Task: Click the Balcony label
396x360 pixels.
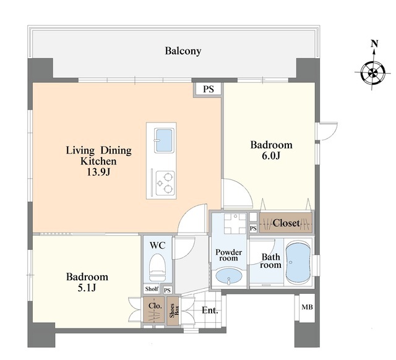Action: (183, 51)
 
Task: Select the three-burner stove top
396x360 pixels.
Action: (165, 183)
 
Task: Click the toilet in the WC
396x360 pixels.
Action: (157, 267)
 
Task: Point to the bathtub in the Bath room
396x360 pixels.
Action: (298, 262)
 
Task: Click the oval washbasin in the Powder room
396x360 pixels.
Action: (229, 276)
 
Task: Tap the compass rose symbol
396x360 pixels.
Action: (372, 73)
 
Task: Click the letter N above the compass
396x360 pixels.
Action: (374, 44)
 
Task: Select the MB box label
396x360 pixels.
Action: (307, 307)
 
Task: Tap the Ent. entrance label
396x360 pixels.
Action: (210, 311)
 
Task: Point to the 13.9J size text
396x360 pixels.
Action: (98, 172)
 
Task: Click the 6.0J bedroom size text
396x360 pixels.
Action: (271, 156)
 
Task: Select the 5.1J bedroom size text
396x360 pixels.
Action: (87, 288)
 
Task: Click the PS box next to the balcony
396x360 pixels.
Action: (209, 89)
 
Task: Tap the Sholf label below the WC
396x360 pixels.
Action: (152, 289)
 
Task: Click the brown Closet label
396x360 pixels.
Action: (286, 223)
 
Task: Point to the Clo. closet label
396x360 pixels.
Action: (155, 306)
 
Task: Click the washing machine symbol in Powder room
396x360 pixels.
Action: (235, 223)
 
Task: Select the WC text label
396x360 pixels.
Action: (157, 246)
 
